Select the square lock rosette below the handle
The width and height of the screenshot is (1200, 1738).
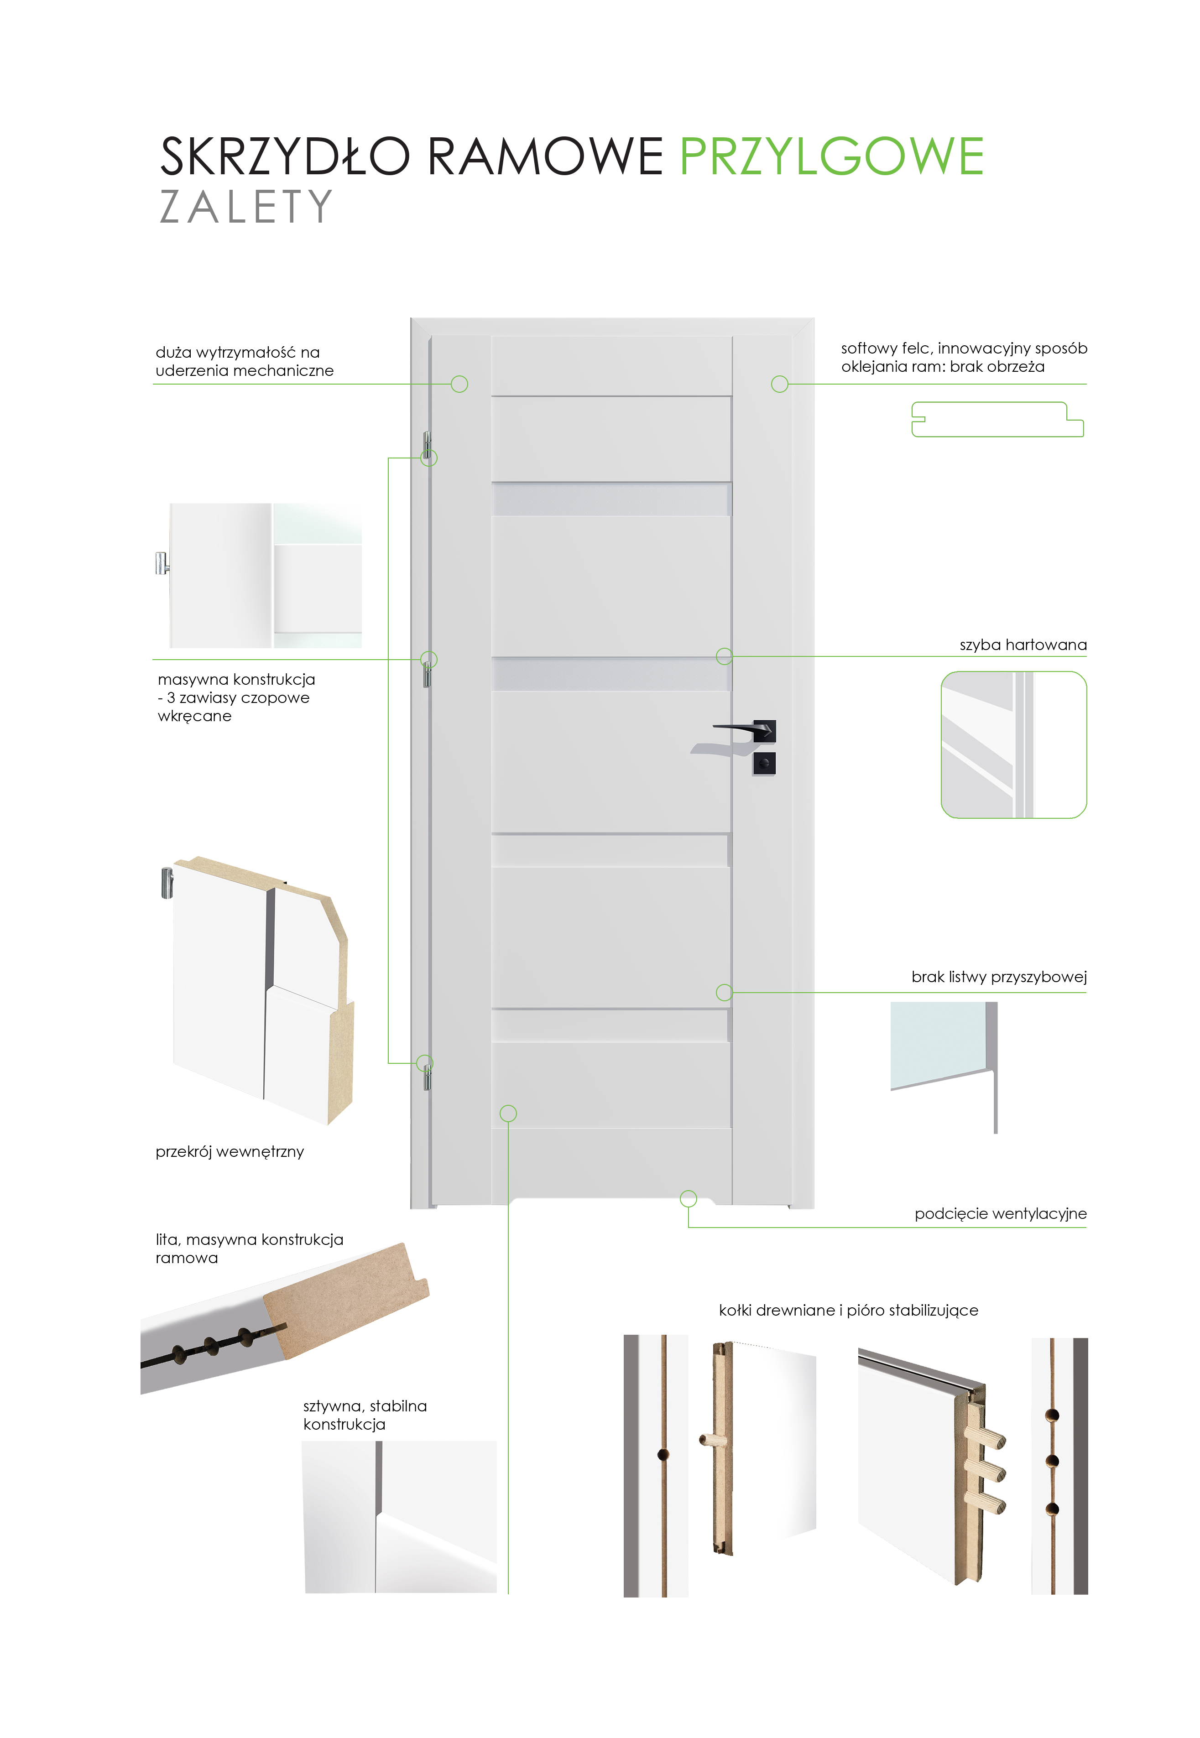click(764, 763)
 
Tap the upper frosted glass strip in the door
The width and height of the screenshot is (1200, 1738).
click(611, 499)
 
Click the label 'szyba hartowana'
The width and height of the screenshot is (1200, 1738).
click(1023, 645)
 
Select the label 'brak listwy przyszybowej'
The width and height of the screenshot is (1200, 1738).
click(998, 977)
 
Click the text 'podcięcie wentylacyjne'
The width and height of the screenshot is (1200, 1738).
click(1000, 1214)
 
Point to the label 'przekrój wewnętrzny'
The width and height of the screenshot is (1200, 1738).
click(230, 1152)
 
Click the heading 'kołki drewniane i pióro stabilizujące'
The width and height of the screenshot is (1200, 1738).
click(848, 1310)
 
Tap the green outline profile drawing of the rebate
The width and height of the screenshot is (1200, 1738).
click(997, 420)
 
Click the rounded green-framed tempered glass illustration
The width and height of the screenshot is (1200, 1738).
click(1013, 744)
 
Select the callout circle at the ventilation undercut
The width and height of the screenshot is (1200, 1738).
click(688, 1198)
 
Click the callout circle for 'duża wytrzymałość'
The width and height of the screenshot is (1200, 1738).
click(459, 384)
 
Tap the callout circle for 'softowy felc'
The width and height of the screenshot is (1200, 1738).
click(780, 384)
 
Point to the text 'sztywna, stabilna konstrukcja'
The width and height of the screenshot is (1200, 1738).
click(365, 1415)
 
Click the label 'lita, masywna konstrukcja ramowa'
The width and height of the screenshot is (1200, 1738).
click(249, 1249)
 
